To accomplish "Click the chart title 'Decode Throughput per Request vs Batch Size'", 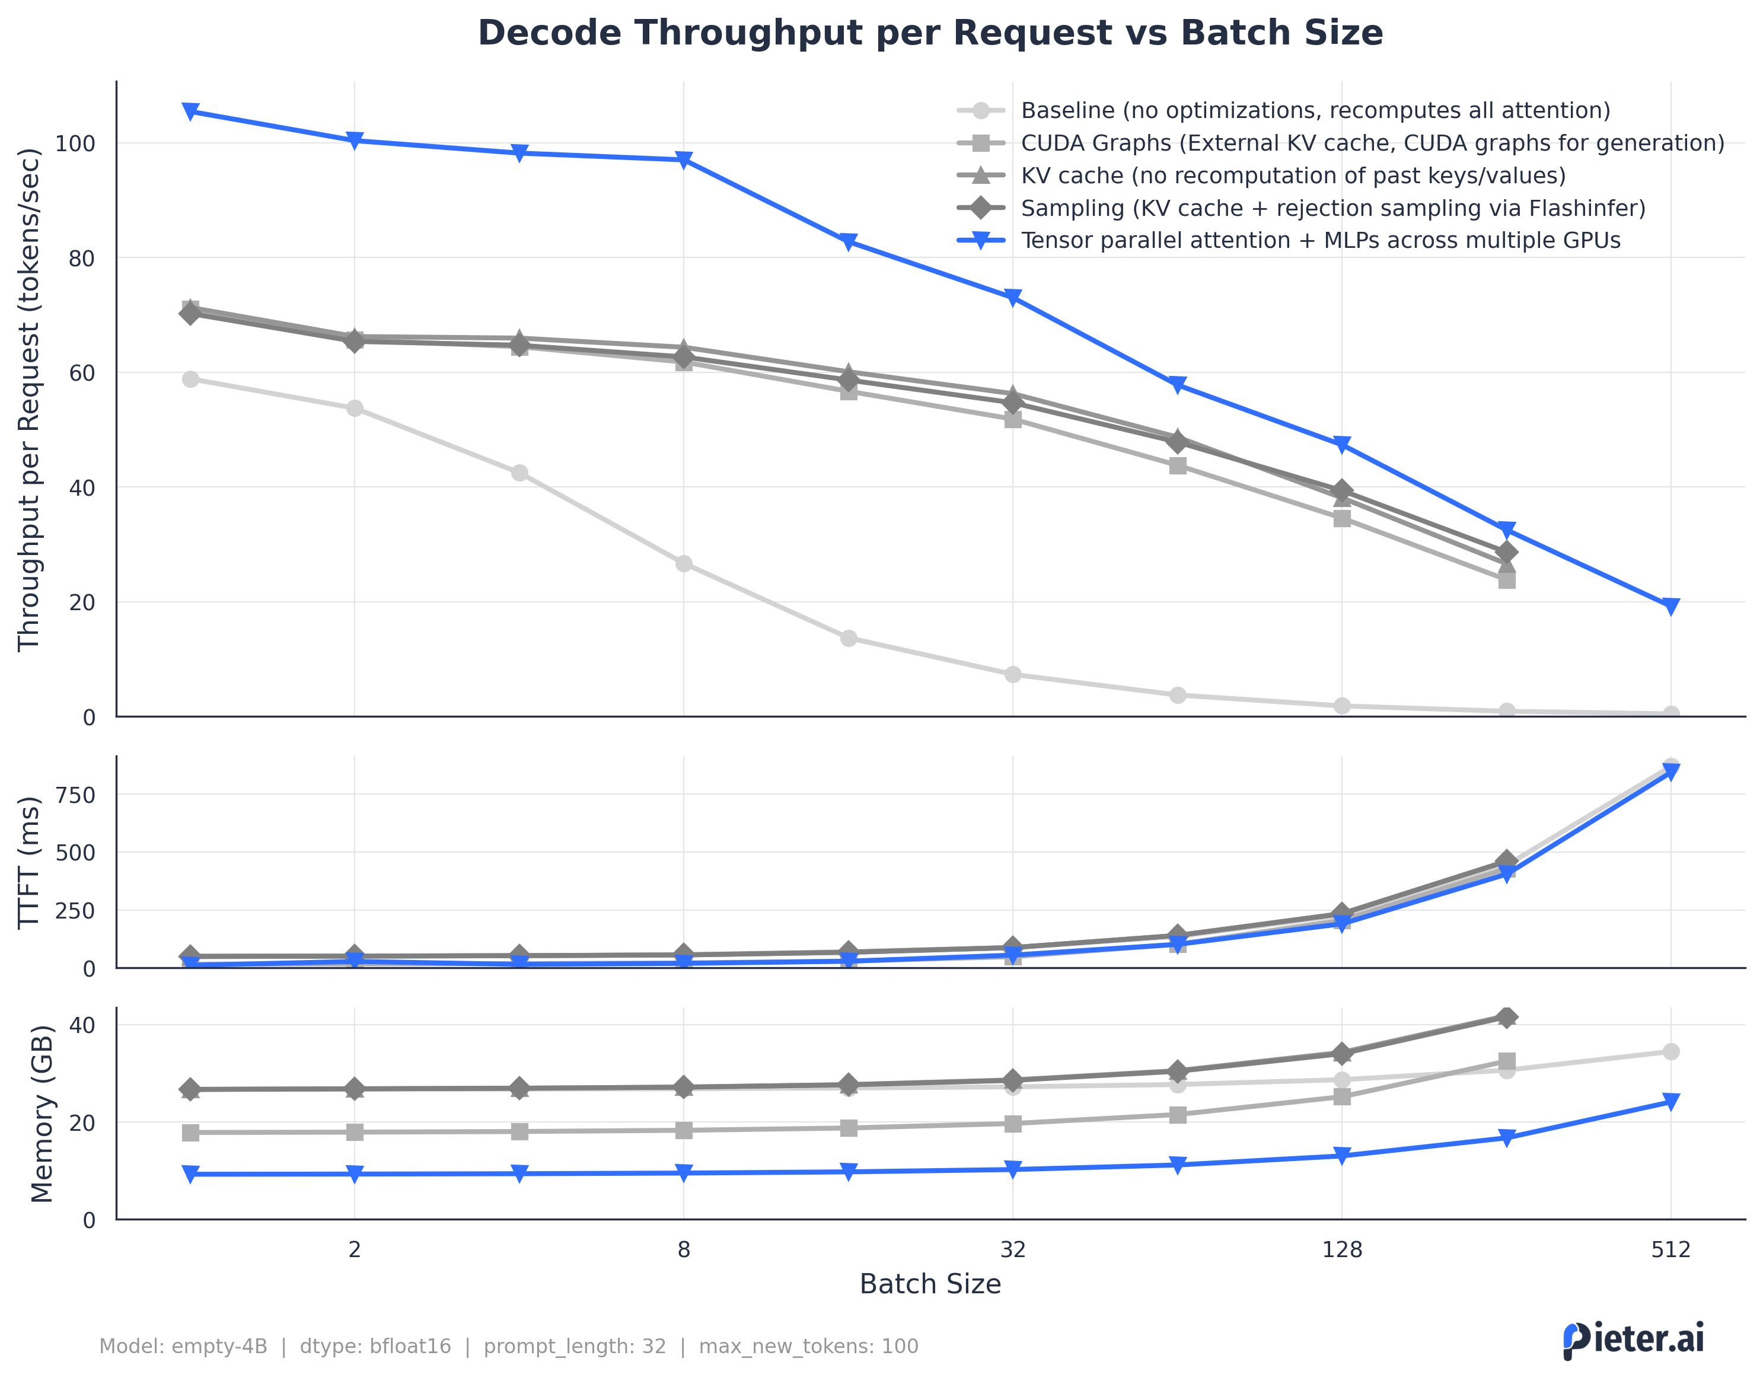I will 929,33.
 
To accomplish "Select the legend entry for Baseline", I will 1314,110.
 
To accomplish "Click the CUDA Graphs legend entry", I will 1371,143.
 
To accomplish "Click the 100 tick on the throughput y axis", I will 75,144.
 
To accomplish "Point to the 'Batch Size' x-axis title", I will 929,1284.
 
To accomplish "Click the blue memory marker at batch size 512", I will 1670,1101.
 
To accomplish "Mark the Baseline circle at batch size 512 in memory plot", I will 1670,1052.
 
